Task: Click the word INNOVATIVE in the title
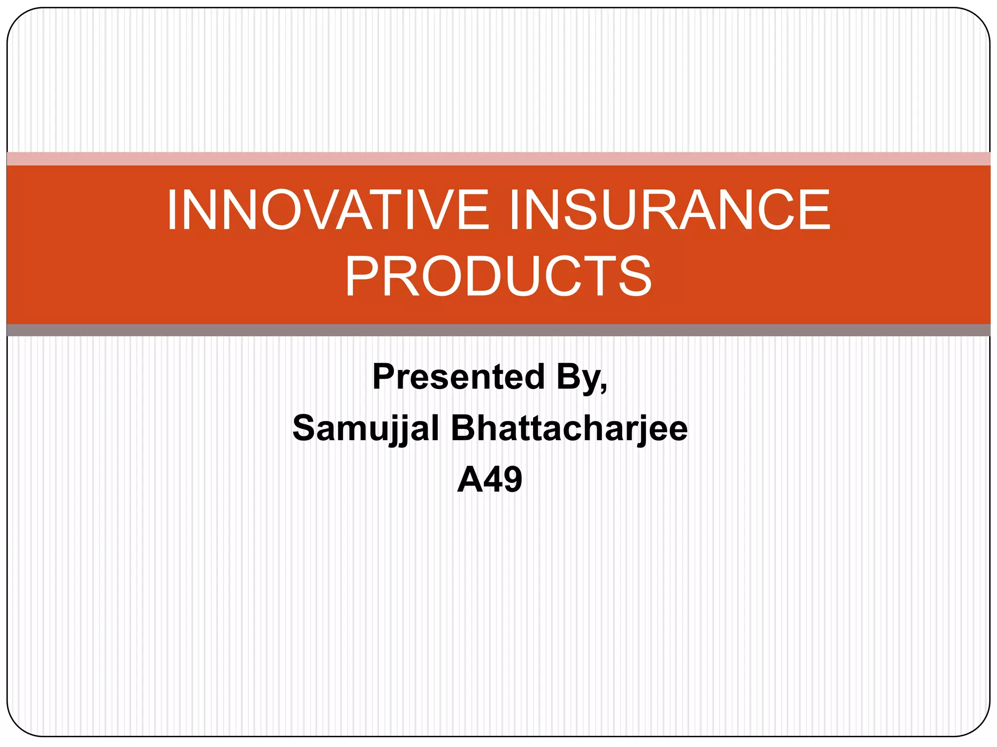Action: pyautogui.click(x=327, y=210)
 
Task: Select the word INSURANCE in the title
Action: pyautogui.click(x=670, y=210)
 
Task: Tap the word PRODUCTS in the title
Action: pyautogui.click(x=498, y=276)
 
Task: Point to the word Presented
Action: pyautogui.click(x=458, y=377)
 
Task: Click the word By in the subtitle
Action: pyautogui.click(x=578, y=377)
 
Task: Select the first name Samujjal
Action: pyautogui.click(x=366, y=429)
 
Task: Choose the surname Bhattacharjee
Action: pyautogui.click(x=569, y=429)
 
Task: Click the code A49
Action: pyautogui.click(x=490, y=480)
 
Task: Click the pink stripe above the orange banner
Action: pyautogui.click(x=498, y=159)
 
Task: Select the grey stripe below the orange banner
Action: pyautogui.click(x=498, y=330)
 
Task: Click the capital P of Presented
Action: pyautogui.click(x=383, y=377)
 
